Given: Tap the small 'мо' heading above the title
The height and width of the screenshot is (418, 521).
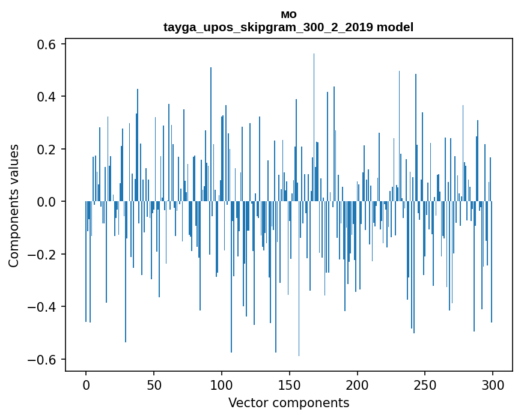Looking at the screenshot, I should click(x=288, y=14).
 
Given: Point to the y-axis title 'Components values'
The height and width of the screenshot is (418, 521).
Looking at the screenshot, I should click(x=14, y=205).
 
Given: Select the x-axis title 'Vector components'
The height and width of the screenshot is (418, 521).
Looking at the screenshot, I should click(x=288, y=402).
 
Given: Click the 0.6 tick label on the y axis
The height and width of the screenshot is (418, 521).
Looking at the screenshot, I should click(x=44, y=44).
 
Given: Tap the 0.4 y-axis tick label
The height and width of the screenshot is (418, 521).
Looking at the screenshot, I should click(x=44, y=97).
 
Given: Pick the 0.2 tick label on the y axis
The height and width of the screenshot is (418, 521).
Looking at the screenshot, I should click(x=44, y=149).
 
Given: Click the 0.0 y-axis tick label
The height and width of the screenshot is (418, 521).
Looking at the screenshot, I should click(x=44, y=202).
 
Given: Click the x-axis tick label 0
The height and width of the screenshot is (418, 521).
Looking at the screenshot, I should click(x=86, y=384).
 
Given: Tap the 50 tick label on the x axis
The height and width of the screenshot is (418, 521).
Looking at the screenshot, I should click(x=154, y=384).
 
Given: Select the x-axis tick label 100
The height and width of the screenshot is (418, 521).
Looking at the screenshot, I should click(x=222, y=384).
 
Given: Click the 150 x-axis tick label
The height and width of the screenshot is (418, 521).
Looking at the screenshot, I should click(x=290, y=384).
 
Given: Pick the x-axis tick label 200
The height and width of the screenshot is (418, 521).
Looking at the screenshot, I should click(x=358, y=384).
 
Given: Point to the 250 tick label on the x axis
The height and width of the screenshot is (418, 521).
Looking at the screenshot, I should click(x=425, y=384).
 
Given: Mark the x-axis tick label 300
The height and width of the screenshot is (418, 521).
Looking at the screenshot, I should click(x=493, y=384).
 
